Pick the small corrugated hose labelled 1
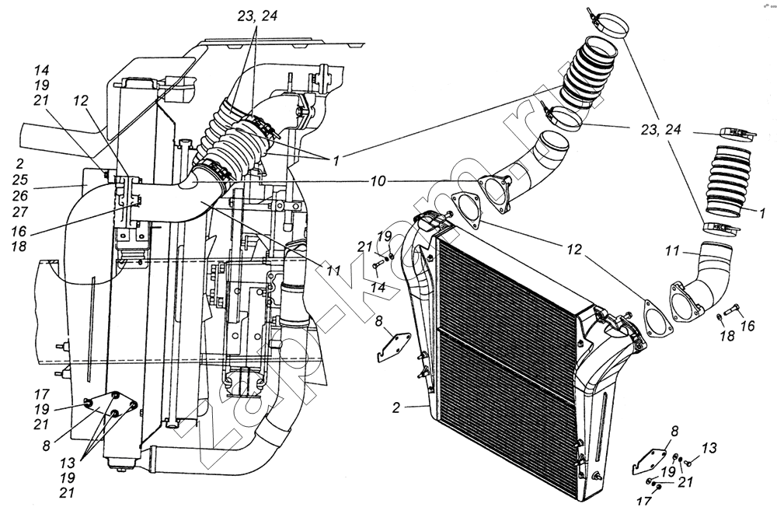point(724,181)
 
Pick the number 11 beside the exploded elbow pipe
point(672,251)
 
